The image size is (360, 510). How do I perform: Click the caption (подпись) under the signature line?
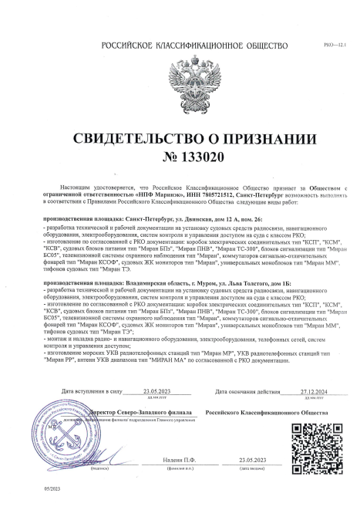[x=98, y=467]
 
